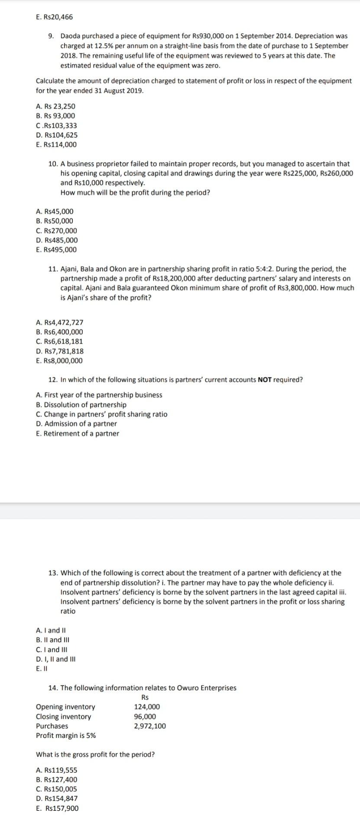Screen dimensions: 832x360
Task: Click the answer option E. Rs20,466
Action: [54, 17]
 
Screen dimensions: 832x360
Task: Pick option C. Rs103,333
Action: [56, 125]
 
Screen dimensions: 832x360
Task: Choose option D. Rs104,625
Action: [57, 135]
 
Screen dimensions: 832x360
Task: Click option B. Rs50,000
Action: [55, 221]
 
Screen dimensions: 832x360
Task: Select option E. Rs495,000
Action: [56, 250]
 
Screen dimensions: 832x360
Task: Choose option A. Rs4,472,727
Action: [60, 322]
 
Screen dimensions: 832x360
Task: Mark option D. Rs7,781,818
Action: [60, 351]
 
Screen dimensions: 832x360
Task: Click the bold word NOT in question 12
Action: [264, 380]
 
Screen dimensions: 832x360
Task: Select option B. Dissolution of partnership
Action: [81, 405]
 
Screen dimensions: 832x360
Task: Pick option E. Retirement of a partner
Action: [78, 433]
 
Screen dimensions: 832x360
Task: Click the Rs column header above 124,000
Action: [145, 697]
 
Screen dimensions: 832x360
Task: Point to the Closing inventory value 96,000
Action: [145, 716]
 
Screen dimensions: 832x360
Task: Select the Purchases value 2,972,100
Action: [149, 726]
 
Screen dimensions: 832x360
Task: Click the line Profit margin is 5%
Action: [66, 735]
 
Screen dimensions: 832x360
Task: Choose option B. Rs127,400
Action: [56, 780]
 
